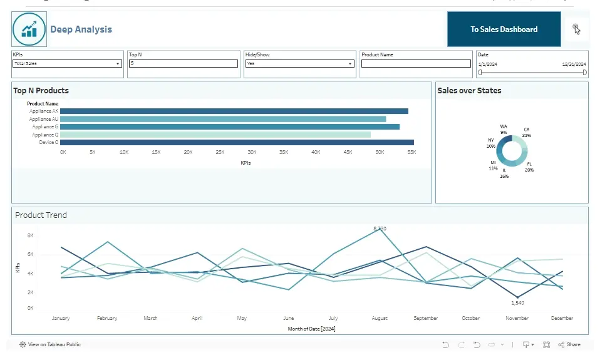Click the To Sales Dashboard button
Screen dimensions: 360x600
(504, 29)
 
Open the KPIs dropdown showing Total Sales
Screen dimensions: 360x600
(67, 64)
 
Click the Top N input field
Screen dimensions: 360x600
(183, 64)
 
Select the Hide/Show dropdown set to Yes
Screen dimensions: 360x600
(299, 64)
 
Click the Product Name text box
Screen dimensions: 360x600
(416, 64)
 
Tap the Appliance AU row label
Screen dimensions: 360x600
(44, 119)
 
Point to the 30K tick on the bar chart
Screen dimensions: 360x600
(252, 152)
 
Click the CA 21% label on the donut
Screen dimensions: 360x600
(526, 132)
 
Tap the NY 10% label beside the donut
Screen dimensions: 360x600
(491, 143)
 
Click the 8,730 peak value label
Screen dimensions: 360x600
(380, 229)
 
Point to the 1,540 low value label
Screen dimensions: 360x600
(517, 303)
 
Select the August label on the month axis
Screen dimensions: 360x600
(380, 318)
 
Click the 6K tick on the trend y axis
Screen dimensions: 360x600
(30, 254)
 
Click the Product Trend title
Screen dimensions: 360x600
(41, 215)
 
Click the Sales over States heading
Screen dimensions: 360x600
(469, 91)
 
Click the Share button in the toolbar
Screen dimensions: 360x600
(569, 344)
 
